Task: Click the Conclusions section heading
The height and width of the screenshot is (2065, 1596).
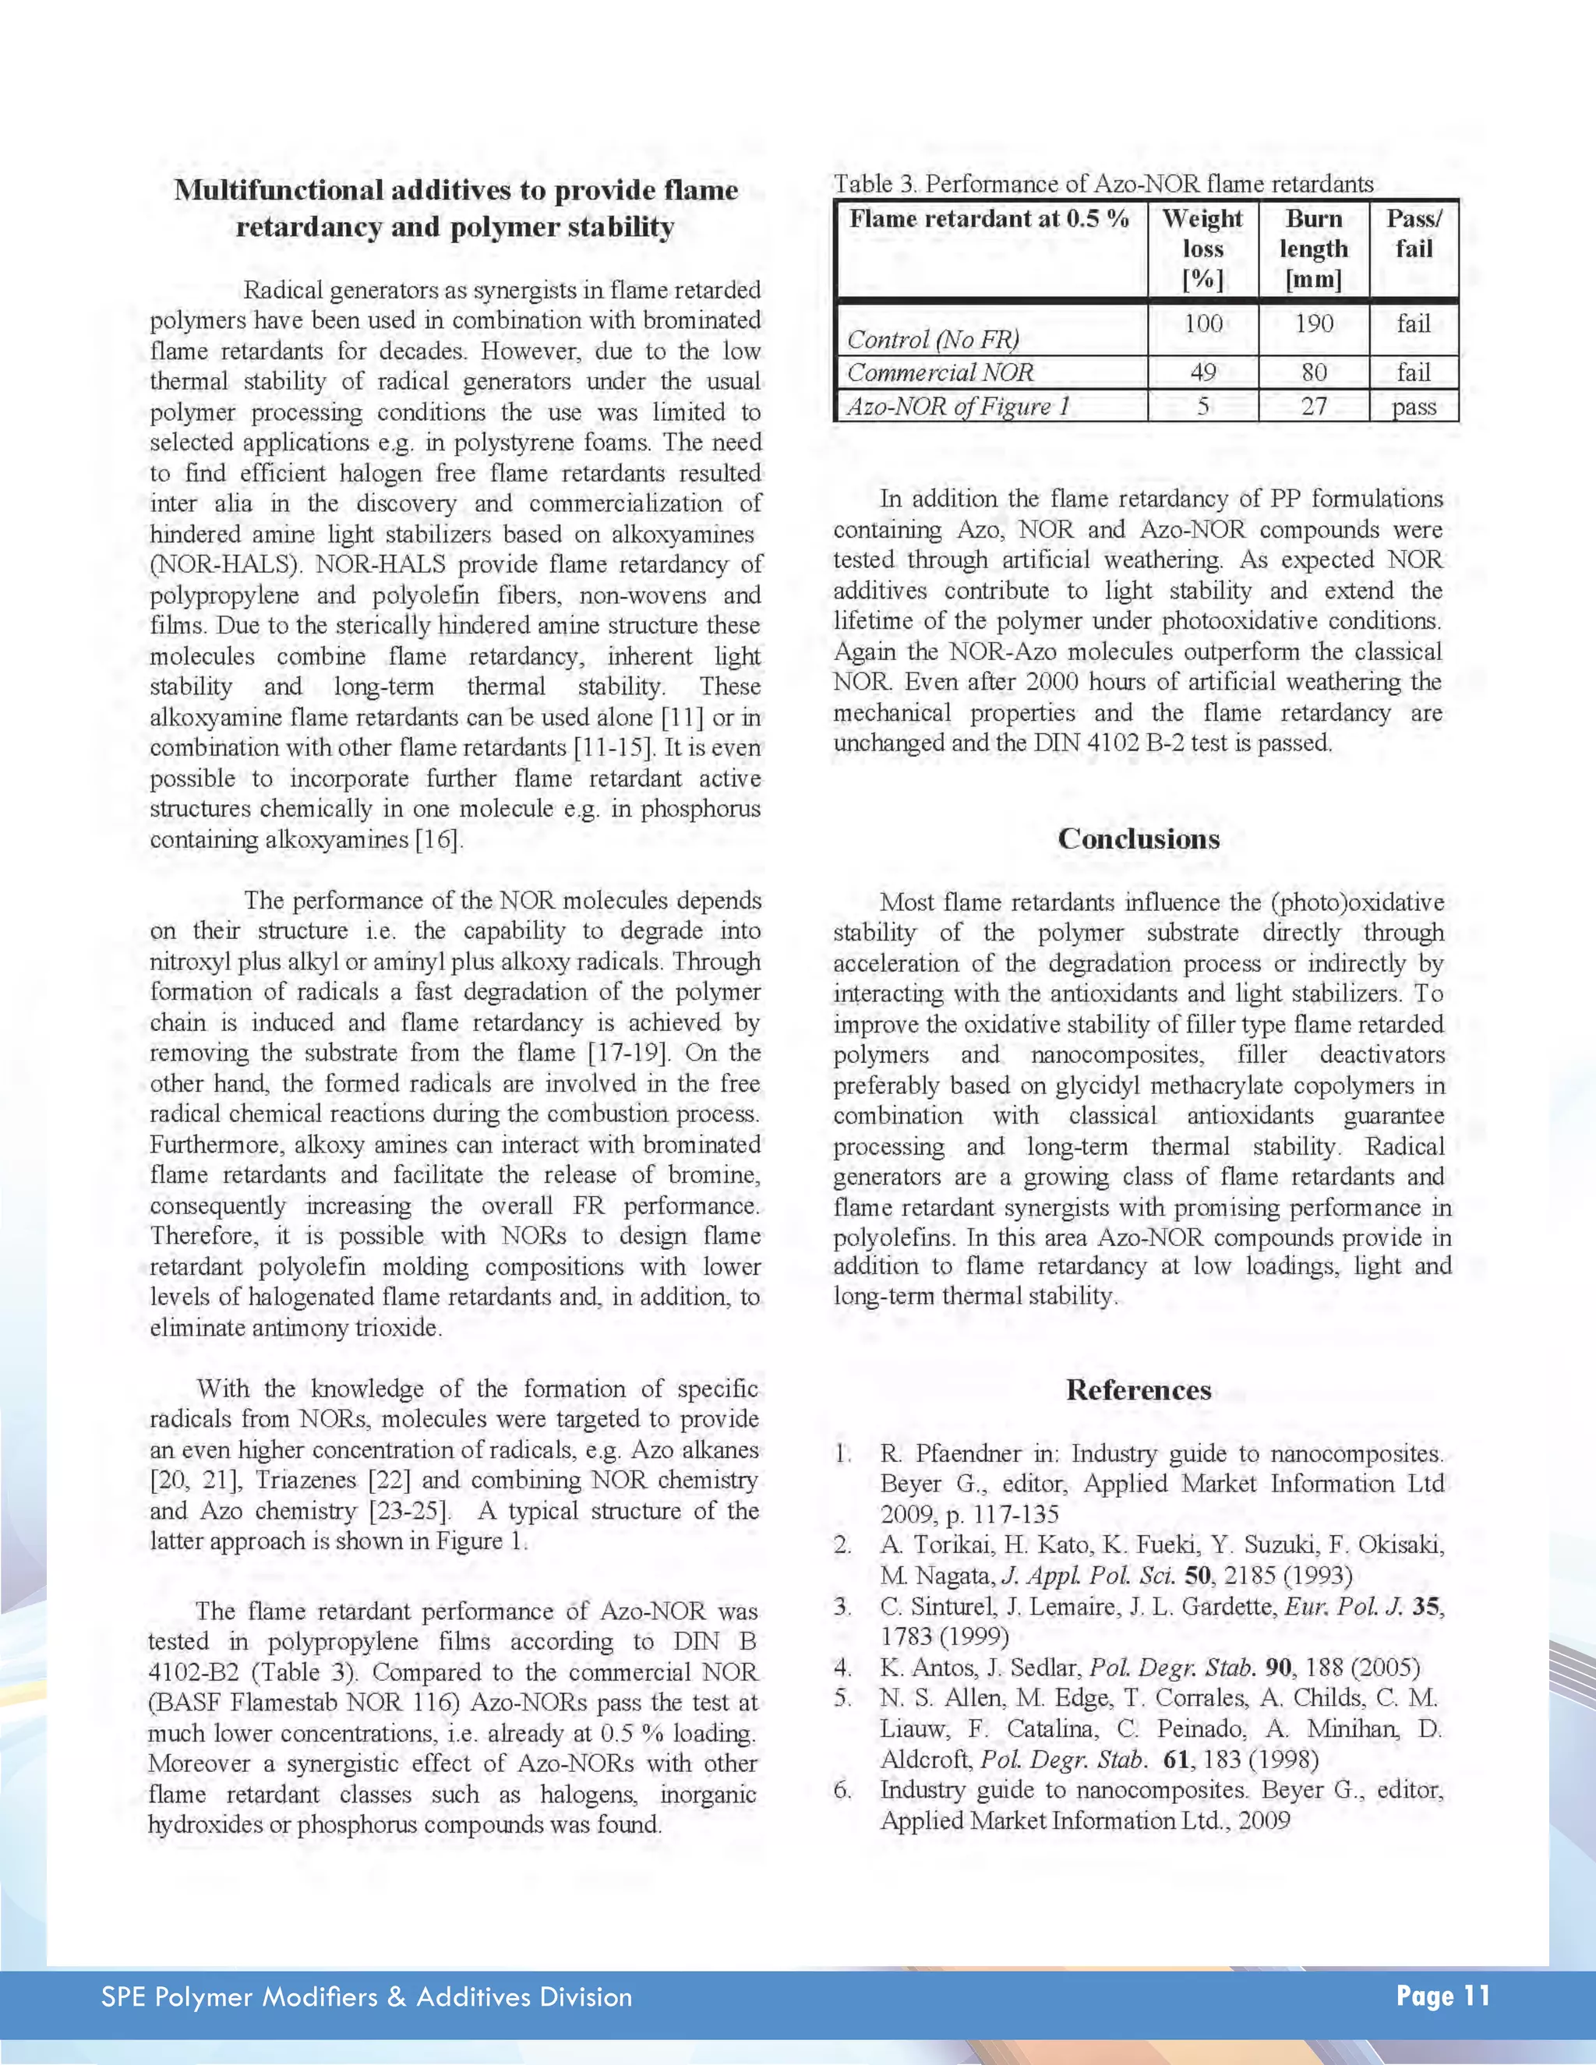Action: click(x=1139, y=838)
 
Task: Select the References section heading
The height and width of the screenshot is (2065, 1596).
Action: click(x=1139, y=1390)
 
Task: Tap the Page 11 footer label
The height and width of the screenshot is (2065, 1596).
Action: click(x=1442, y=1996)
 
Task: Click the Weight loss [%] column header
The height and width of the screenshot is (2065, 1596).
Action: click(x=1202, y=249)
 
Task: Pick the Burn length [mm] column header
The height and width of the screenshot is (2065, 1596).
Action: click(x=1313, y=249)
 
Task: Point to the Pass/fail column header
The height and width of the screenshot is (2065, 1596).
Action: click(x=1414, y=234)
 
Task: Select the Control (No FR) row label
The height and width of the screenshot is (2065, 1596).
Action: click(x=932, y=340)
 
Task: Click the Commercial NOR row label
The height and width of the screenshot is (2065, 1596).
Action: click(x=941, y=372)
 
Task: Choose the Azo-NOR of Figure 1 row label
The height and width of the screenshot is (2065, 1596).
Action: click(x=958, y=407)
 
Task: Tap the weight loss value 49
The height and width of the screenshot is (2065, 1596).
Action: click(x=1202, y=372)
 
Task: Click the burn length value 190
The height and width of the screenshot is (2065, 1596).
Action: click(x=1313, y=324)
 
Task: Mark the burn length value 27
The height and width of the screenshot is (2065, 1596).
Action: click(x=1313, y=407)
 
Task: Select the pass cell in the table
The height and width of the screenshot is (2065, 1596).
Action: click(x=1414, y=408)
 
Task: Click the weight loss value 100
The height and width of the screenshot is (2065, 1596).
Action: click(x=1202, y=324)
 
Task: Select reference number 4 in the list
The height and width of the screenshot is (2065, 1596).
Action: click(x=842, y=1667)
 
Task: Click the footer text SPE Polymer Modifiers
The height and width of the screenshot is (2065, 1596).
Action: click(x=366, y=1997)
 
